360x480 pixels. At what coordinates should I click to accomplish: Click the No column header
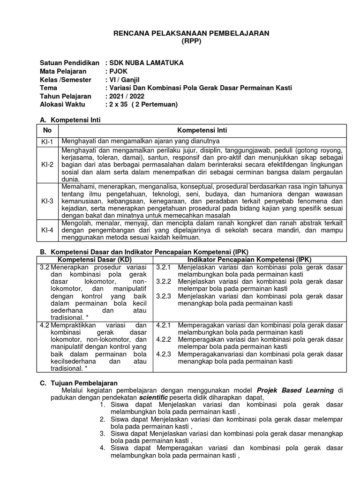point(47,130)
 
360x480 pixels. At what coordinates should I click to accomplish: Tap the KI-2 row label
point(47,165)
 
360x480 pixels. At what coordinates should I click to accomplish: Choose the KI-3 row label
point(47,201)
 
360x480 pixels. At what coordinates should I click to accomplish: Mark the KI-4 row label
point(47,230)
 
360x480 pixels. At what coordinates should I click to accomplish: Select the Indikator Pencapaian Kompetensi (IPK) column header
point(249,259)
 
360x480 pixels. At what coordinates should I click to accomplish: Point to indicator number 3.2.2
point(164,281)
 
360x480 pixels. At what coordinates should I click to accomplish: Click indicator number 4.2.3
point(164,354)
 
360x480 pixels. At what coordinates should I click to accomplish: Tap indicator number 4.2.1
point(164,325)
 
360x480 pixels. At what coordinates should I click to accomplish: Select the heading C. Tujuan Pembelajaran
point(78,383)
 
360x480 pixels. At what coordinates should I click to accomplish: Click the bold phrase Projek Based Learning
point(295,390)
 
